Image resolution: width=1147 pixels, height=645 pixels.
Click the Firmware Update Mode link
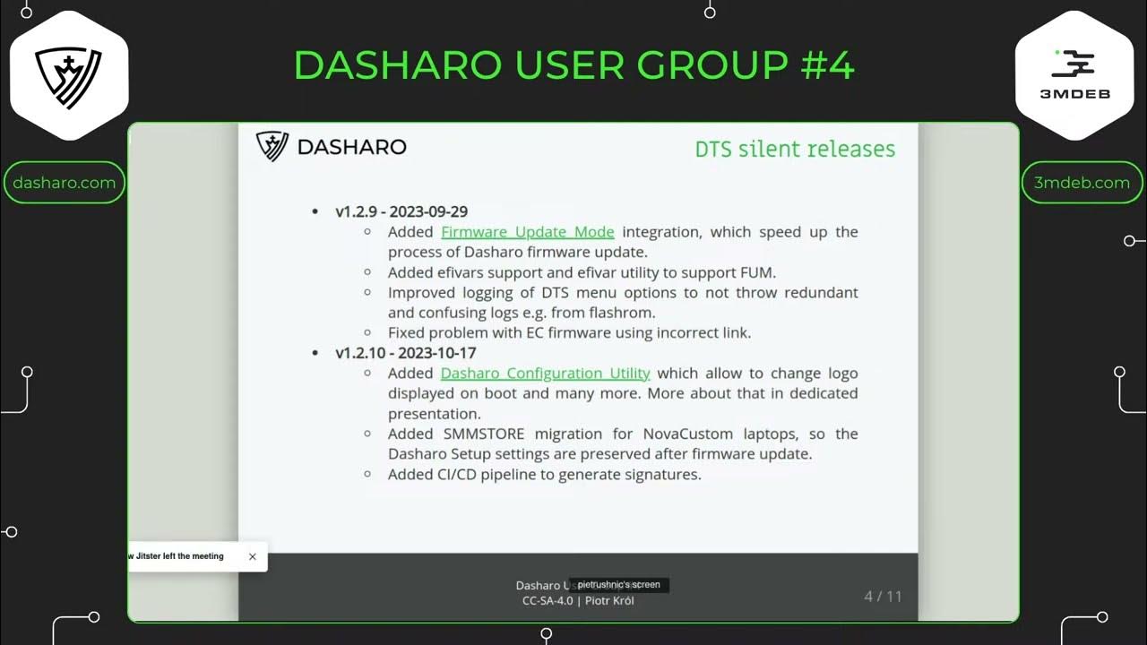pyautogui.click(x=527, y=232)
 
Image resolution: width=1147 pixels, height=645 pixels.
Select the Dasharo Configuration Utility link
pyautogui.click(x=545, y=374)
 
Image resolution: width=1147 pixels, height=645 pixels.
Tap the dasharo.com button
pyautogui.click(x=64, y=183)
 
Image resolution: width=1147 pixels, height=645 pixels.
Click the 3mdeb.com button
pyautogui.click(x=1082, y=183)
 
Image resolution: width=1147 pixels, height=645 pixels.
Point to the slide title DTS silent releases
pyautogui.click(x=795, y=149)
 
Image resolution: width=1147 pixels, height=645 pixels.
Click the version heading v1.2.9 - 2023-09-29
pyautogui.click(x=401, y=211)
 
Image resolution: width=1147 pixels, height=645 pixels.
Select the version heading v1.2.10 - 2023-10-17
pyautogui.click(x=405, y=353)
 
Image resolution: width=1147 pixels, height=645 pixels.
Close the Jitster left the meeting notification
pyautogui.click(x=252, y=556)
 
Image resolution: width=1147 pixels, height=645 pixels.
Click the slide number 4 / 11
pyautogui.click(x=883, y=596)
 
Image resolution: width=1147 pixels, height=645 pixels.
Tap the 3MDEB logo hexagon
pyautogui.click(x=1074, y=75)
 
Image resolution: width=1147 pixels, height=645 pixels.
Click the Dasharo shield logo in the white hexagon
pyautogui.click(x=68, y=77)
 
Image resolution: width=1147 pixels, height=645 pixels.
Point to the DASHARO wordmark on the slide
pyautogui.click(x=351, y=147)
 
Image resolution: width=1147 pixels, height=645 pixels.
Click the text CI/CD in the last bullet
pyautogui.click(x=457, y=475)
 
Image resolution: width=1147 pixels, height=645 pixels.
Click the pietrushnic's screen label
pyautogui.click(x=618, y=585)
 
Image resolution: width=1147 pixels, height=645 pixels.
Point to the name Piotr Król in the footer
pyautogui.click(x=609, y=601)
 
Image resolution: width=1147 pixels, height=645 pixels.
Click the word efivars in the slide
pyautogui.click(x=465, y=272)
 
